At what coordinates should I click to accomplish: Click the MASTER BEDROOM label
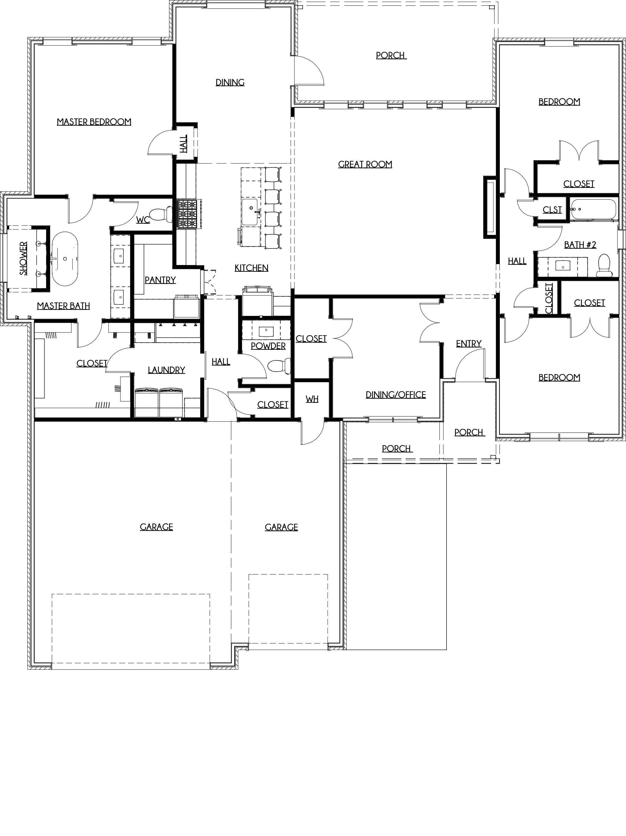[94, 122]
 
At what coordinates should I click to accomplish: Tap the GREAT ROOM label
[365, 164]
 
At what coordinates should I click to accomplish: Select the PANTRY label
[160, 280]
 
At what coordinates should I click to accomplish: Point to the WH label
[312, 399]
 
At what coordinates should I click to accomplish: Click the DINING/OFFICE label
[396, 395]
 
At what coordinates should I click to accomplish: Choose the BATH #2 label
[580, 245]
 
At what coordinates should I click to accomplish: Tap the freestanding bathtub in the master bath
[65, 258]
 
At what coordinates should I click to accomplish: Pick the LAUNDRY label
[167, 370]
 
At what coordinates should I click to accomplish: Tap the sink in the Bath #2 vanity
[563, 266]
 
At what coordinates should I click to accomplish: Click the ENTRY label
[469, 344]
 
